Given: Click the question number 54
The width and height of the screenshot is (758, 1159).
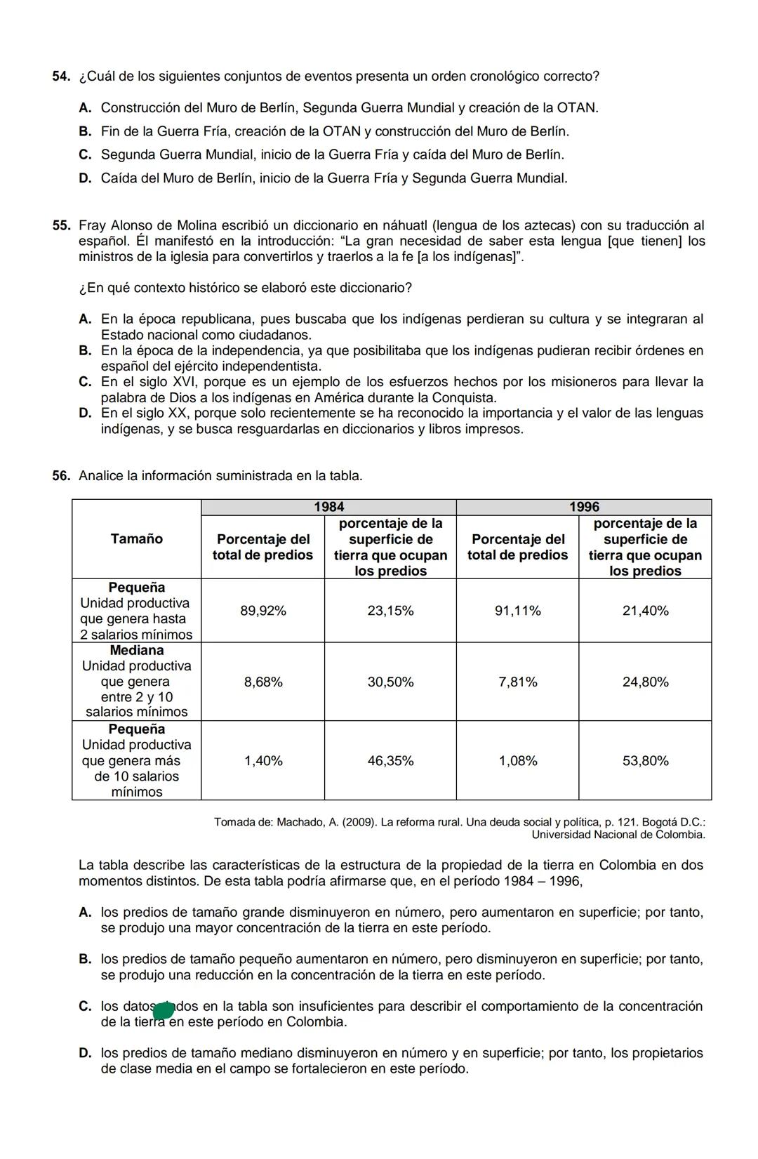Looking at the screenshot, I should (x=61, y=76).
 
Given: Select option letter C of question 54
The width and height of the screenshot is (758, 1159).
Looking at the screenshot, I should (x=85, y=154).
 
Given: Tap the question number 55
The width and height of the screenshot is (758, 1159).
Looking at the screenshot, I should (x=61, y=225).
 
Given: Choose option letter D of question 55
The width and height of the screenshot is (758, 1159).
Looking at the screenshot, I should (x=85, y=413).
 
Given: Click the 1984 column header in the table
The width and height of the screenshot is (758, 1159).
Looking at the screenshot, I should (x=328, y=507).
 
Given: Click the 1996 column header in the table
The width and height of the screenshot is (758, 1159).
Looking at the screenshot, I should (x=583, y=507).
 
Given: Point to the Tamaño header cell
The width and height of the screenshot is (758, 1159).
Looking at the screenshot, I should (x=136, y=538).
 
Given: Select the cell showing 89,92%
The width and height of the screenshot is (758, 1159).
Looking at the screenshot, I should (x=262, y=611).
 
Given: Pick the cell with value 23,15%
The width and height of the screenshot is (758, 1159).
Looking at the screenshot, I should (x=390, y=611).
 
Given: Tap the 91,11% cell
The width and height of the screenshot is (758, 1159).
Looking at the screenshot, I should (x=517, y=611).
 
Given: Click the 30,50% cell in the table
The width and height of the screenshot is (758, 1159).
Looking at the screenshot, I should (x=390, y=682).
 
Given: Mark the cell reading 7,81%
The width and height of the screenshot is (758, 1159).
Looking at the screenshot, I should (x=517, y=682).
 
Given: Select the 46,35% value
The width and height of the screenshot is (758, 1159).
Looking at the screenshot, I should (x=390, y=761).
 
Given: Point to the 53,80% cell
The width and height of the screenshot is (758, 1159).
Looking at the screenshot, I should (x=645, y=761).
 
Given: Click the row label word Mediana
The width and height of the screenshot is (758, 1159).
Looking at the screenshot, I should (x=136, y=650).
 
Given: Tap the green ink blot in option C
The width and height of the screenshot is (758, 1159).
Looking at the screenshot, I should (x=163, y=1011).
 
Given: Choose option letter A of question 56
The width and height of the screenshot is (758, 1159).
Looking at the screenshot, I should (x=85, y=913).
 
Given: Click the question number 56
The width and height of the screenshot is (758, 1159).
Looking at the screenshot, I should (x=61, y=476).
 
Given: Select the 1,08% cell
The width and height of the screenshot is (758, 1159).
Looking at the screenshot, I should (x=517, y=761).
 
